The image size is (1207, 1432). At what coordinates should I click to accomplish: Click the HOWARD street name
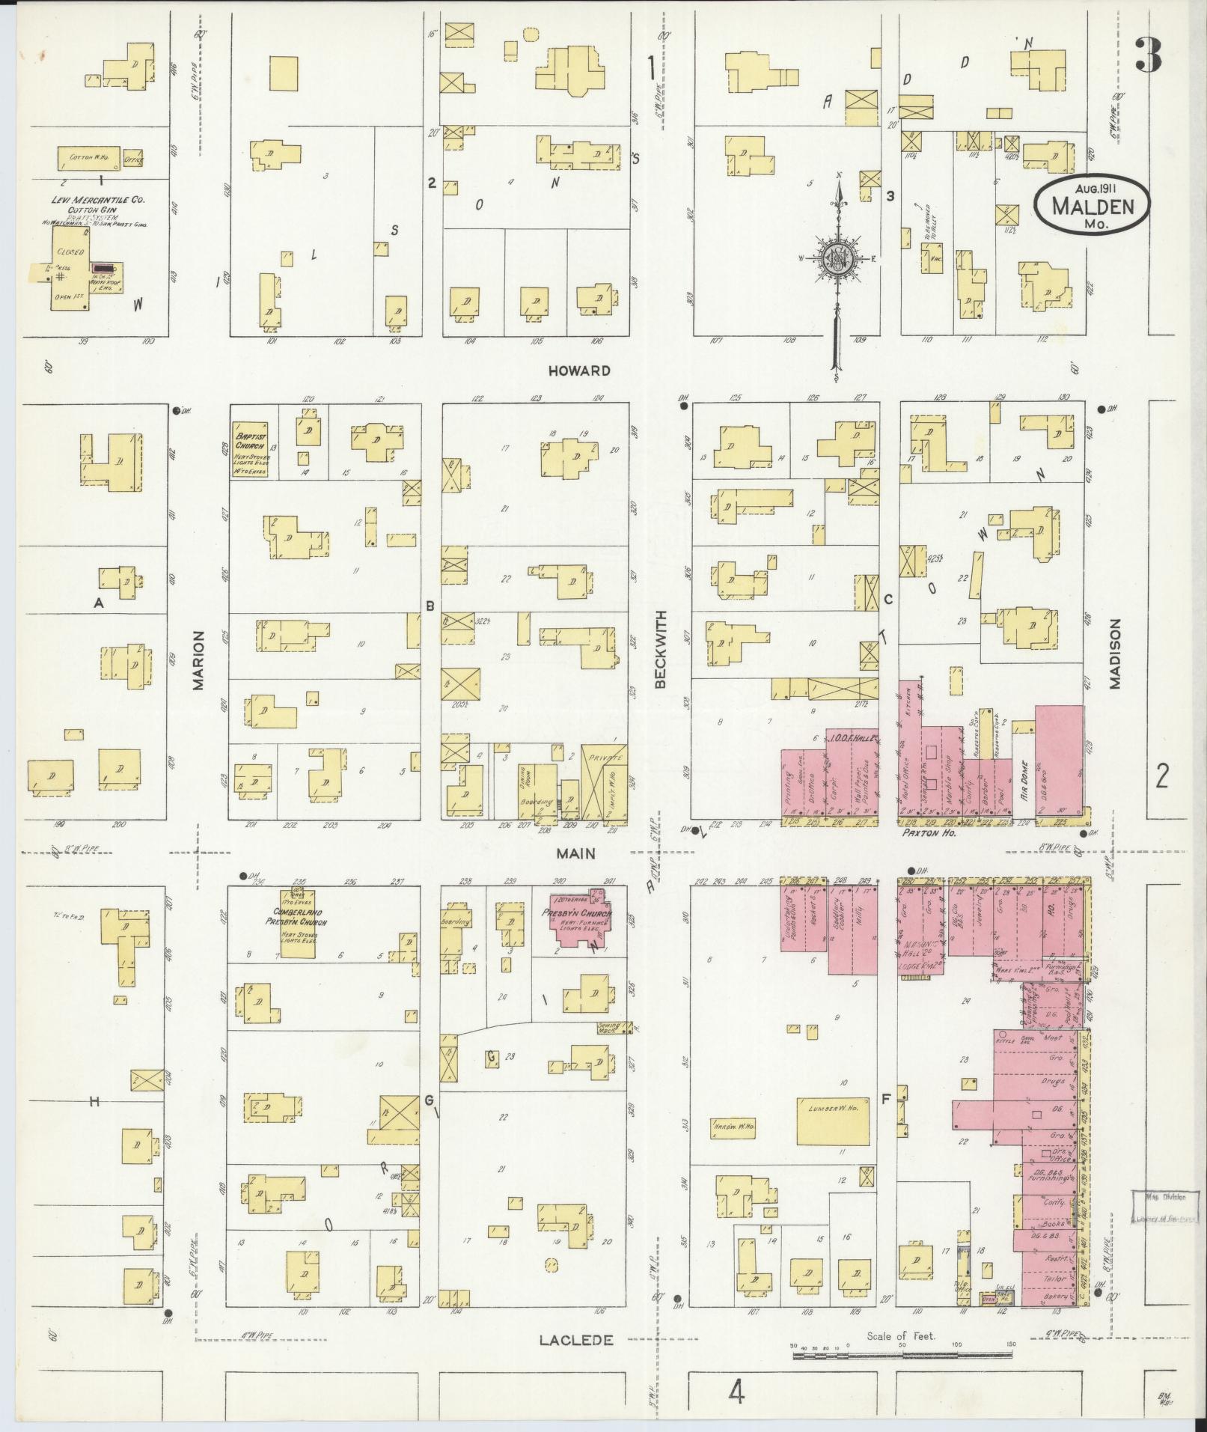(x=578, y=371)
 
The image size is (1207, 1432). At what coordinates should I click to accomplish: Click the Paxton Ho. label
(x=924, y=832)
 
